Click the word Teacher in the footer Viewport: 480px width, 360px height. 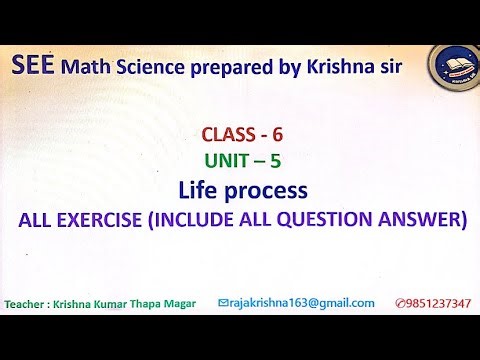(30, 303)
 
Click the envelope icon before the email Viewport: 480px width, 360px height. (222, 303)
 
